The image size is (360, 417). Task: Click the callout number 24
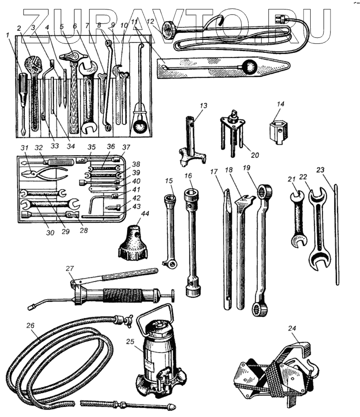point(292,329)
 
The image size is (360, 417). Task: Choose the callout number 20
point(255,156)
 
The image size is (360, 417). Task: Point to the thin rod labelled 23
point(337,234)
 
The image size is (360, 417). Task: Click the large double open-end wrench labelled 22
point(318,229)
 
